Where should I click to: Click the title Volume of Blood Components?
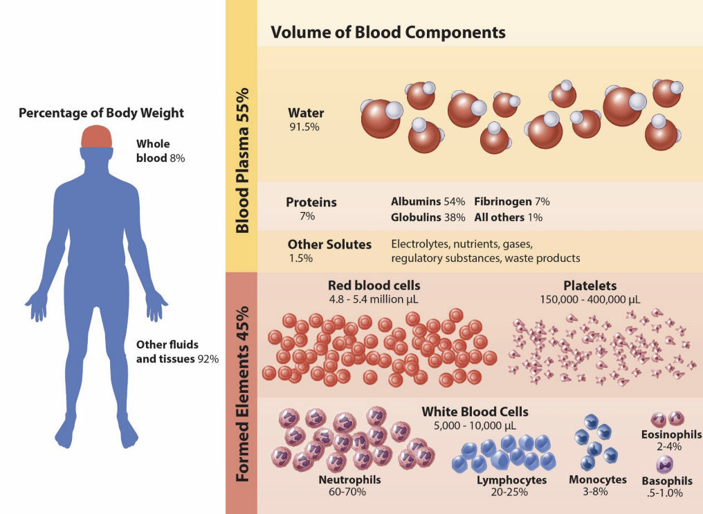pos(387,33)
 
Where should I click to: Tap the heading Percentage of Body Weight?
pos(101,113)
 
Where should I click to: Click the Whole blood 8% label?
pos(161,151)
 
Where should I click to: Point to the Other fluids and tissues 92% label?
pos(177,352)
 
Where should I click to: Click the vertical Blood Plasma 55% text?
pos(241,160)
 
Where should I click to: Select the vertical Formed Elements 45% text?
pos(241,392)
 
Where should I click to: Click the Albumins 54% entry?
pos(428,202)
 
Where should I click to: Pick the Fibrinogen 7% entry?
pos(511,202)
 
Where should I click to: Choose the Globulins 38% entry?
pos(428,217)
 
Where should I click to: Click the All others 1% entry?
pos(508,217)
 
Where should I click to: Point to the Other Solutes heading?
pos(329,244)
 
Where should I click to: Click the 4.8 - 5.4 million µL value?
pos(374,299)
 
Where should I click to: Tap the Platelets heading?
pos(590,285)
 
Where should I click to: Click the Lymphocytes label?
pos(511,480)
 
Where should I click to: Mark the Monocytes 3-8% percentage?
pos(597,492)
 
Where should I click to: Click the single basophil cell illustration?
pos(666,464)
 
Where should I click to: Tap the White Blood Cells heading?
pos(475,411)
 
